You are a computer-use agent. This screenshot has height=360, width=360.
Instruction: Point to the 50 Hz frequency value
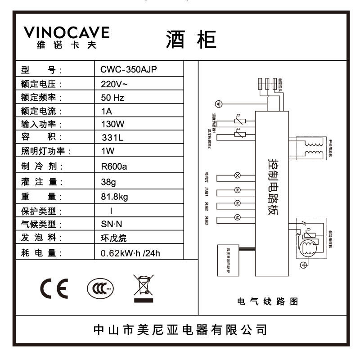tap(113, 97)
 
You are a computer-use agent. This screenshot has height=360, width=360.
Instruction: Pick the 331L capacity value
tap(112, 138)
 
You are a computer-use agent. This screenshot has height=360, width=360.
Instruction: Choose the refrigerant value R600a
tap(114, 166)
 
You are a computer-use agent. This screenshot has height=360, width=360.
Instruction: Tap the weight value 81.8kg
tap(115, 197)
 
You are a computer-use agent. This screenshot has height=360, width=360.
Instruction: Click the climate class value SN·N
tap(111, 224)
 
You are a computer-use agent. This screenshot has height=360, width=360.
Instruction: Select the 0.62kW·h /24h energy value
tap(130, 253)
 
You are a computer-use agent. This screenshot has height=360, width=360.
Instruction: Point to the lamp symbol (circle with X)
tap(238, 175)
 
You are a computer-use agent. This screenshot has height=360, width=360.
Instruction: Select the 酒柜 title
tap(191, 40)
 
